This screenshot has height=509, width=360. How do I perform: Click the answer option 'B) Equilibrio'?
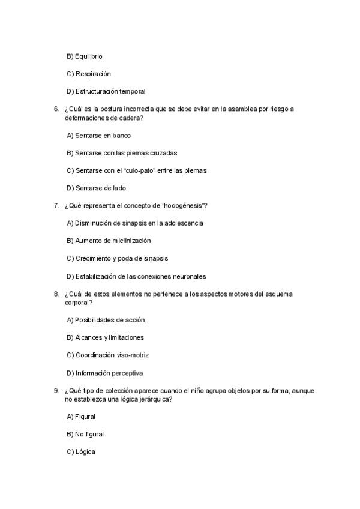pos(84,56)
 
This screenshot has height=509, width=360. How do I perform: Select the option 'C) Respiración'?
pos(89,74)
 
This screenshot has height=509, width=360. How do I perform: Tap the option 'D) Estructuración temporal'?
pos(106,91)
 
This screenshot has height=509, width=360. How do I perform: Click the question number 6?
pos(56,109)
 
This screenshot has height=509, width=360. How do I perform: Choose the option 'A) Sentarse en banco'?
pos(98,136)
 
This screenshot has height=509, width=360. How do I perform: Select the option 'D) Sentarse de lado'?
pos(96,188)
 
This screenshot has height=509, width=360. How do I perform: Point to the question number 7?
pos(56,206)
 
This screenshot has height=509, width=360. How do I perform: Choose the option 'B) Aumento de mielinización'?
pos(108,241)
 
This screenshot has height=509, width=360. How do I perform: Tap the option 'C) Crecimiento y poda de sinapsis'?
pos(117,258)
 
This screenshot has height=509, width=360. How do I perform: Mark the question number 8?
pos(56,294)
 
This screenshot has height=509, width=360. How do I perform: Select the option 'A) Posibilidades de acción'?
pos(106,320)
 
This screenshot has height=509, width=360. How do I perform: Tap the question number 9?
pos(56,390)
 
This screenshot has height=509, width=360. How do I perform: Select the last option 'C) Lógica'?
pos(81,451)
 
